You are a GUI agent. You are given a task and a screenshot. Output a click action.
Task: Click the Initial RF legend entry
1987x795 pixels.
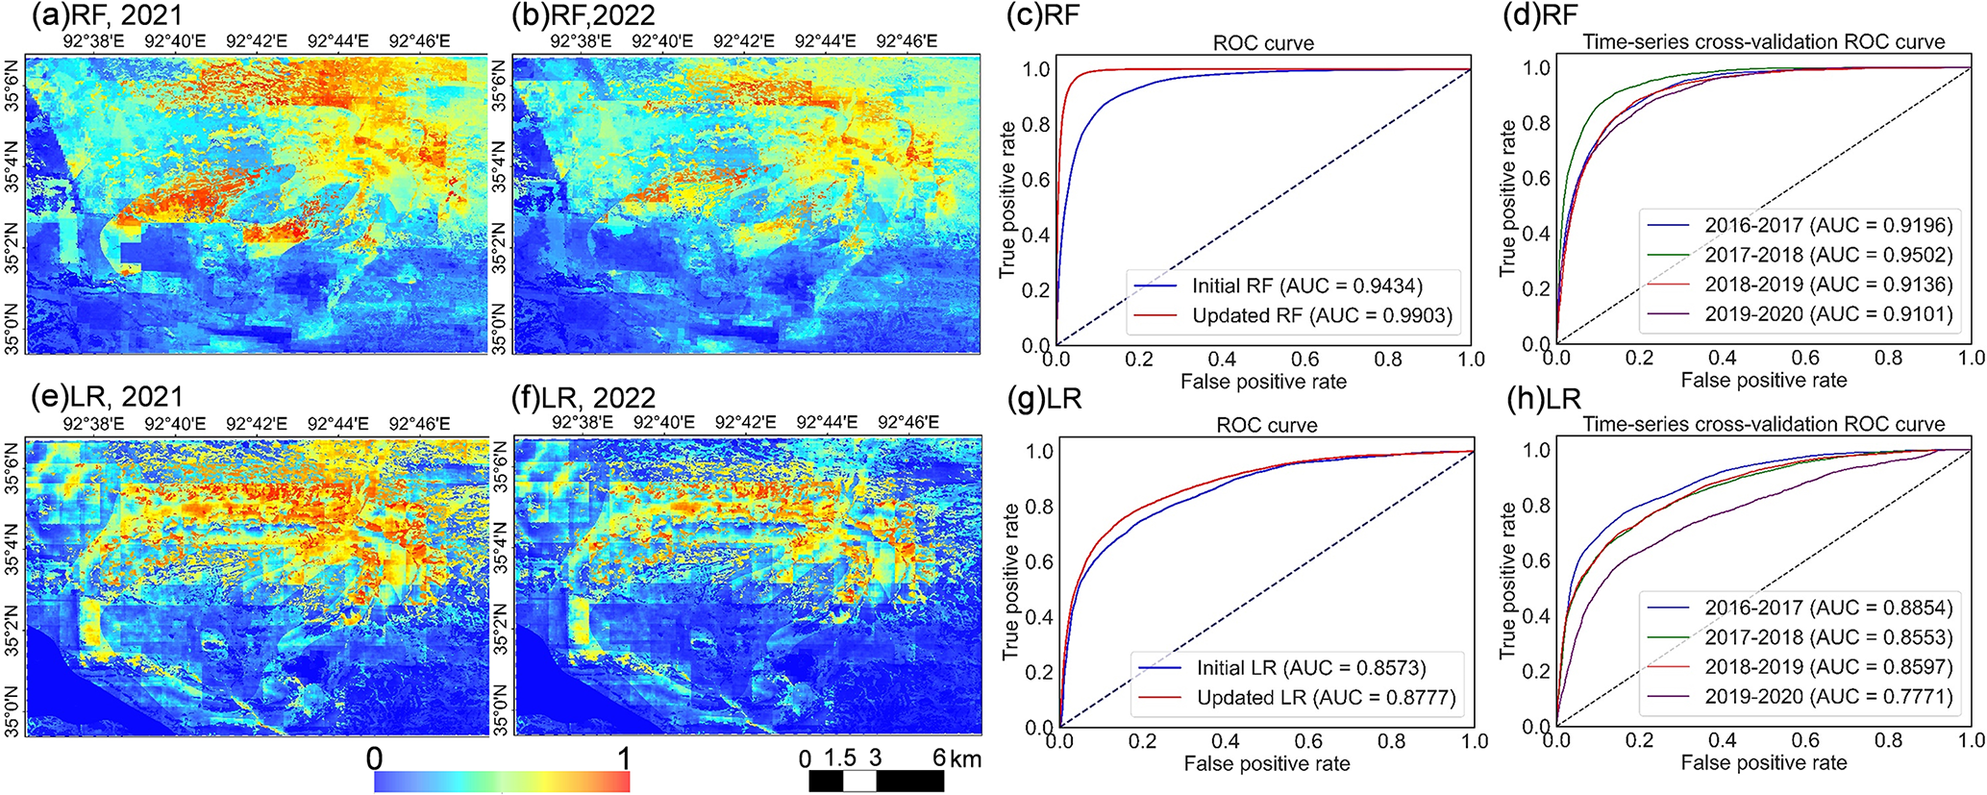[1279, 286]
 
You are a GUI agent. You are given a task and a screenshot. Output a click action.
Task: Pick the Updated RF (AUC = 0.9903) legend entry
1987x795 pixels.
[1293, 315]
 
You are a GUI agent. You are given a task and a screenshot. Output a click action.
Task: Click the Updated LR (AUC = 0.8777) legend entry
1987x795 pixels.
[1297, 698]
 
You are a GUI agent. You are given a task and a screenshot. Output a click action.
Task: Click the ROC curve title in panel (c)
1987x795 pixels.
[1263, 43]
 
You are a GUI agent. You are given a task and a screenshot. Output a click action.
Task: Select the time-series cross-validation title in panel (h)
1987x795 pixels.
[1764, 424]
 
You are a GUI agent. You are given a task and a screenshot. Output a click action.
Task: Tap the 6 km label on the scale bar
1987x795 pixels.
[956, 758]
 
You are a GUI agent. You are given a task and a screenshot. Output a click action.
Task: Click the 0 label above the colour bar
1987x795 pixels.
[375, 758]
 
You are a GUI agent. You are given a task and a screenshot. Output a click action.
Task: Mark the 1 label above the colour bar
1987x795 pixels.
[624, 758]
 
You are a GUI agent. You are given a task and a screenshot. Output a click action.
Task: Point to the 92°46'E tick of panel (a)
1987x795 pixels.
[419, 41]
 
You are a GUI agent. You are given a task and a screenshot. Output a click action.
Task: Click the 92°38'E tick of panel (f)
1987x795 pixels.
[582, 422]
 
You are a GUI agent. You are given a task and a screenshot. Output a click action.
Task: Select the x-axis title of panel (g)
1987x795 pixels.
[1267, 764]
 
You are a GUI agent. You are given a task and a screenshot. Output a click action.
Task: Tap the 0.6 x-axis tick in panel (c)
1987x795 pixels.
[1305, 360]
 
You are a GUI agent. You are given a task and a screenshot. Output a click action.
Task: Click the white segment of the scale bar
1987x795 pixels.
[859, 782]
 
